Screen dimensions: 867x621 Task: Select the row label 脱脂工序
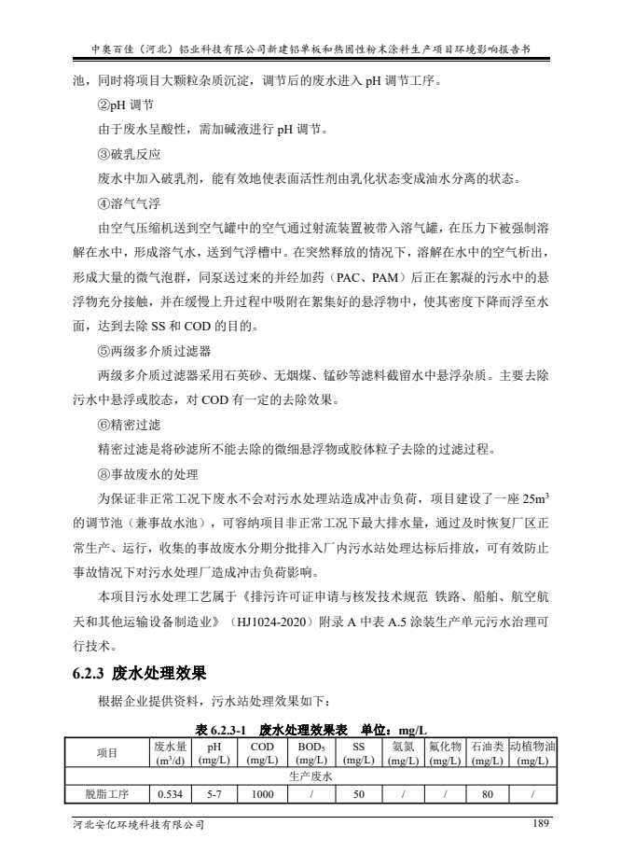[107, 795]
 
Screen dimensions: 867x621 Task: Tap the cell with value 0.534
[170, 795]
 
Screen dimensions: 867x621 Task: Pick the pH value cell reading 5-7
[213, 795]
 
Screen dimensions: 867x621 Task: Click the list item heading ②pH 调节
[126, 105]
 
